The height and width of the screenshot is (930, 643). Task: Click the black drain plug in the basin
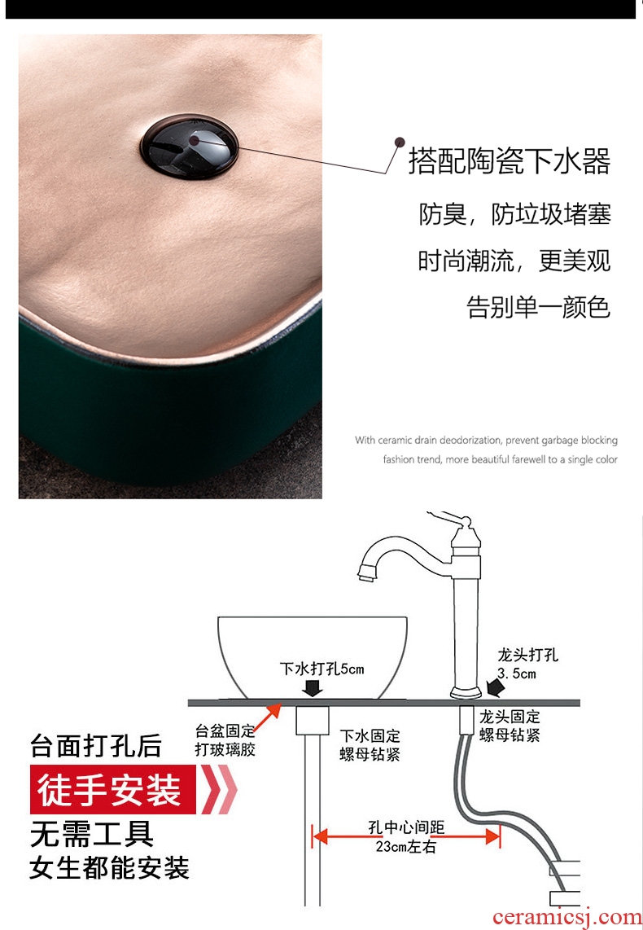pos(190,147)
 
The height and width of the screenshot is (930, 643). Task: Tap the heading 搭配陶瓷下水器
pos(509,161)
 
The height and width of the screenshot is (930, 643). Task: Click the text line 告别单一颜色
pos(538,307)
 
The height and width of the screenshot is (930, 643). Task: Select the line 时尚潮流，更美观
pos(514,261)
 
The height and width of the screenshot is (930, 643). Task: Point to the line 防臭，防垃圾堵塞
pos(514,214)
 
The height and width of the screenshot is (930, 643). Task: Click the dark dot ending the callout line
pos(400,142)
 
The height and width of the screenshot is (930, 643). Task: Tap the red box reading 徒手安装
pos(112,789)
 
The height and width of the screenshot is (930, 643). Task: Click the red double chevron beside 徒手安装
pos(219,789)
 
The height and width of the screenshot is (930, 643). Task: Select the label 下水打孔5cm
pos(321,669)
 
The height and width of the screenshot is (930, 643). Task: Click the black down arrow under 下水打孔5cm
pos(313,688)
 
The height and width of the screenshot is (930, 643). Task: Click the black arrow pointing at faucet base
pos(495,688)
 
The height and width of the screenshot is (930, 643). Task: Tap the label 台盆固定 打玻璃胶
pos(225,740)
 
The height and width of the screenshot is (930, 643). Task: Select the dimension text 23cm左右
pos(405,846)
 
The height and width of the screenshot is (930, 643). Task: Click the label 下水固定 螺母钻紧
pos(370,745)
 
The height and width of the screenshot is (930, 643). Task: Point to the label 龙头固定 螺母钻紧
pos(510,726)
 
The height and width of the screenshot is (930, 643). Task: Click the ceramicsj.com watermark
pos(567,917)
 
